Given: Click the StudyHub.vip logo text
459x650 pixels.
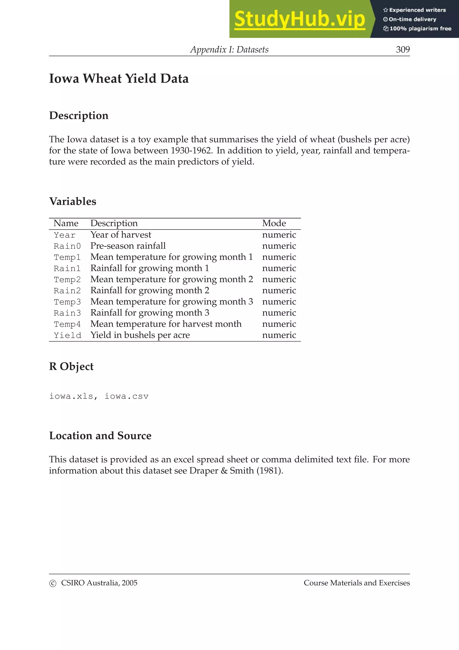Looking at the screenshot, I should coord(299,19).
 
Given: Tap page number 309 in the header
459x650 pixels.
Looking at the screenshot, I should coord(403,50).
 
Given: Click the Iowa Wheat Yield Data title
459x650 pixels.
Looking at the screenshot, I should coord(119,79).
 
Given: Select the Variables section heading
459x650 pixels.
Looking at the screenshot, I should coord(73,201).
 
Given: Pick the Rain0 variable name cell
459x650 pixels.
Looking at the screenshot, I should coord(67,246).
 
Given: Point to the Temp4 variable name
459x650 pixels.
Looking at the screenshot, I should coord(67,324).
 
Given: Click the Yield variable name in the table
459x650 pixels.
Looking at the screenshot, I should coord(67,335).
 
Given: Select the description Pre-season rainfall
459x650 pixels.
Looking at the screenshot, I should coord(128,246).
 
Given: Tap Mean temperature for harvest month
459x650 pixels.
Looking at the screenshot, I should coord(166,324).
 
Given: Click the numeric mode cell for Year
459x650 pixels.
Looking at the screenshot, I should coord(279,235).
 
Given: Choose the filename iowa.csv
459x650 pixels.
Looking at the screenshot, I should coord(126,396).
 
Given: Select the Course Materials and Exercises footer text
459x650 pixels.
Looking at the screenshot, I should coord(357,583).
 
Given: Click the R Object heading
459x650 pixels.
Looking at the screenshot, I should coord(71,366).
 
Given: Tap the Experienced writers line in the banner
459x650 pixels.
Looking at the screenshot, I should coord(415,10).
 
